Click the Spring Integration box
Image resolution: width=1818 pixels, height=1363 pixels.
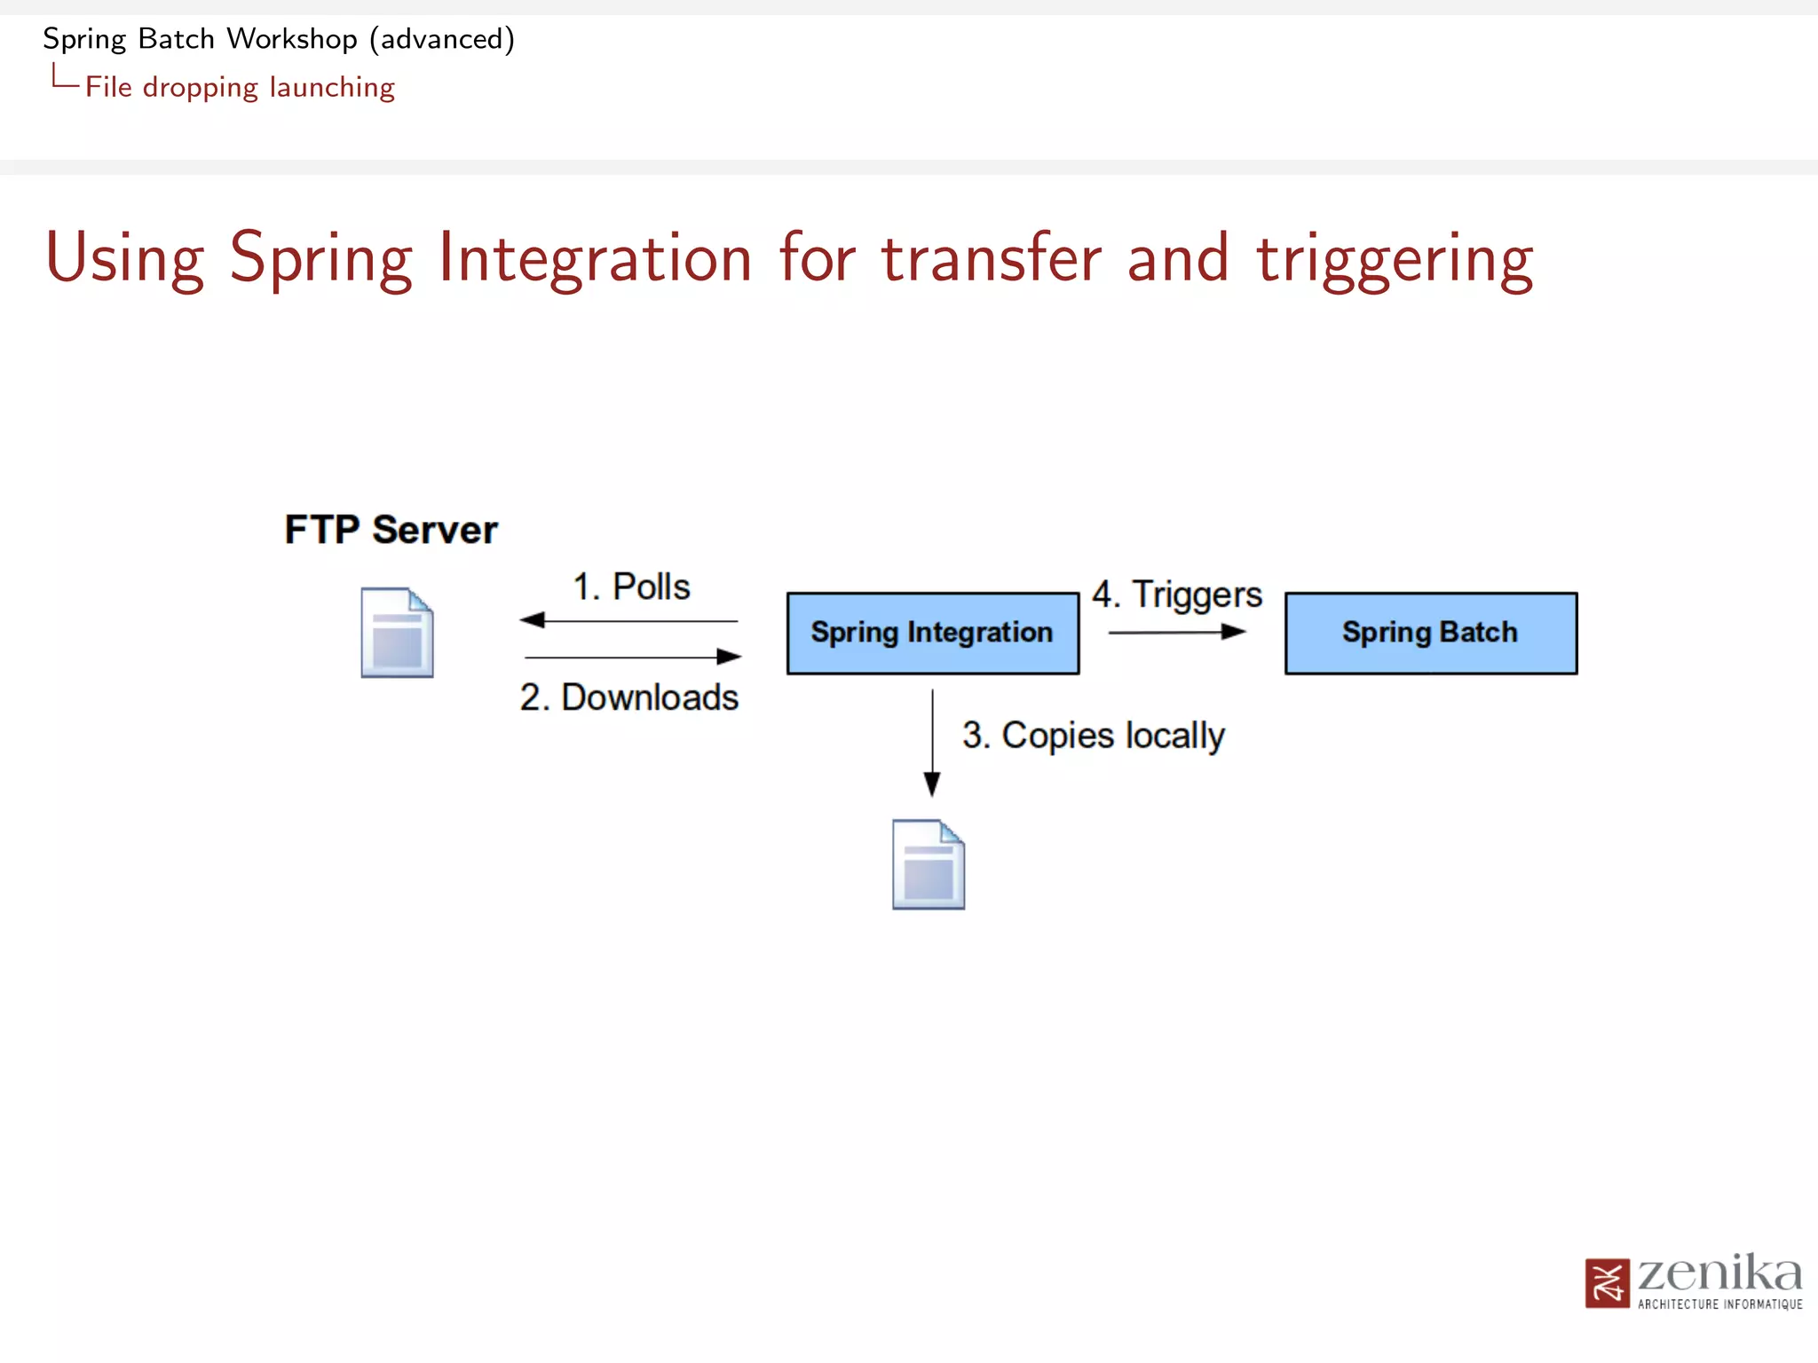pyautogui.click(x=932, y=633)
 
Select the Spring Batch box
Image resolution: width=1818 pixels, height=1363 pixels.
pyautogui.click(x=1430, y=633)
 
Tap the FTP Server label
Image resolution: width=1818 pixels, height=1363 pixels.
pyautogui.click(x=391, y=530)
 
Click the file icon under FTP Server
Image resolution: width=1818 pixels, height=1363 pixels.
pyautogui.click(x=397, y=633)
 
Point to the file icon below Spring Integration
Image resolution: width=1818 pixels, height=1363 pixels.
pyautogui.click(x=928, y=864)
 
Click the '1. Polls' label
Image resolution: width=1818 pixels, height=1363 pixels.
pyautogui.click(x=631, y=587)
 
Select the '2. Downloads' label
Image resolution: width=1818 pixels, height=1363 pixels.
pyautogui.click(x=629, y=697)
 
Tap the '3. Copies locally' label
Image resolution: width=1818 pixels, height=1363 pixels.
pyautogui.click(x=1093, y=736)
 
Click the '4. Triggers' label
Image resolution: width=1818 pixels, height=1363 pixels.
pyautogui.click(x=1176, y=595)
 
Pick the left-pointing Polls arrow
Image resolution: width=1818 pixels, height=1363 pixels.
pyautogui.click(x=628, y=620)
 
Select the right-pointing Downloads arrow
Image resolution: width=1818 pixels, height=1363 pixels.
pyautogui.click(x=632, y=657)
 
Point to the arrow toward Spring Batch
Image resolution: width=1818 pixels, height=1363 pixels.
pyautogui.click(x=1177, y=632)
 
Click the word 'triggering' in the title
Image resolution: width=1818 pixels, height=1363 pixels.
pyautogui.click(x=1395, y=258)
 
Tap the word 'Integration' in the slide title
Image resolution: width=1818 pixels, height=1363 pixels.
pyautogui.click(x=596, y=258)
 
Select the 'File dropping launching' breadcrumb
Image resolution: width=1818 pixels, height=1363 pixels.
pyautogui.click(x=240, y=87)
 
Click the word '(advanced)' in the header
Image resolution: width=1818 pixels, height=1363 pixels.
pyautogui.click(x=442, y=39)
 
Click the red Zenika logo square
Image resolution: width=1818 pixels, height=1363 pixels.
pyautogui.click(x=1607, y=1283)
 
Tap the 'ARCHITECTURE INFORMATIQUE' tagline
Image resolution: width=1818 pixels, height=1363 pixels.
pyautogui.click(x=1719, y=1304)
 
